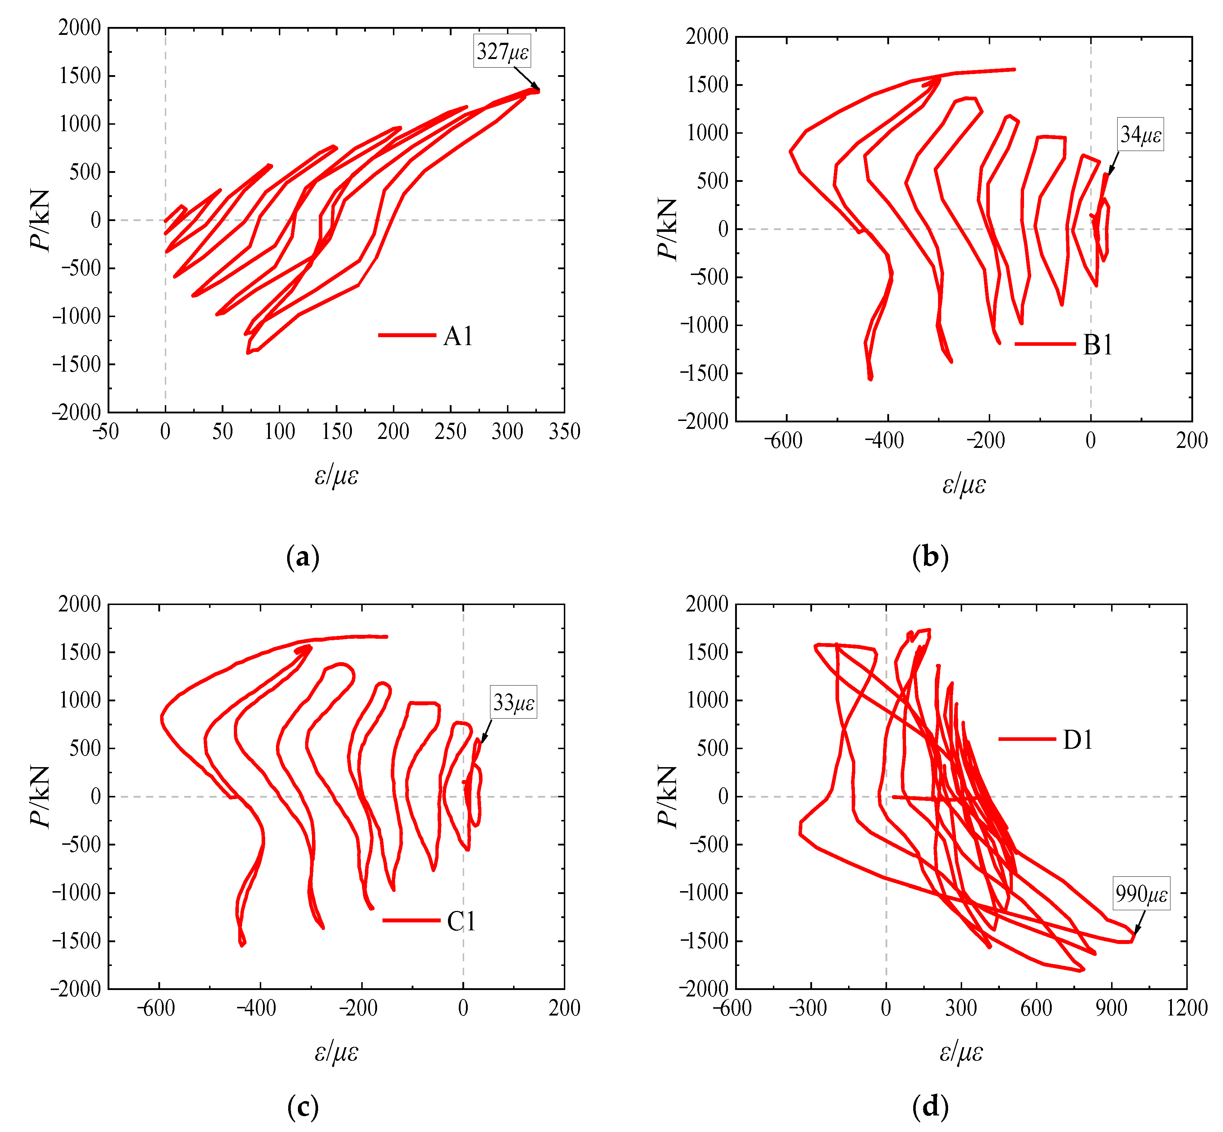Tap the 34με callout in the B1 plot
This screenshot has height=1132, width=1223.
pos(1140,135)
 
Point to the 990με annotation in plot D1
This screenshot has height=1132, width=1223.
pos(1141,894)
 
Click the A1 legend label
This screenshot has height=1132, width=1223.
pos(458,336)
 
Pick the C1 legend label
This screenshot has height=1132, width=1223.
pos(461,921)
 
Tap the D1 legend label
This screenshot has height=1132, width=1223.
pos(1078,740)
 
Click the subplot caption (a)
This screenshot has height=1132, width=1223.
pos(303,558)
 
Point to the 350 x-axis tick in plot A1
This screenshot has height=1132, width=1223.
pos(564,432)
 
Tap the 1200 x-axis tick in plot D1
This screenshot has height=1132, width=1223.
pos(1186,1008)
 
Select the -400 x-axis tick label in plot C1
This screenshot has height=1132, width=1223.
pos(258,1008)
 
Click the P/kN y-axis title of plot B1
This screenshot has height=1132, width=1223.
pos(667,229)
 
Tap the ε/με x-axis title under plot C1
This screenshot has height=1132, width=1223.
pos(336,1052)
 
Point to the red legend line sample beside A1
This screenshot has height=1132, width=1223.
pos(407,335)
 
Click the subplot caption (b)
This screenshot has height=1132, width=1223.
pos(930,558)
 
